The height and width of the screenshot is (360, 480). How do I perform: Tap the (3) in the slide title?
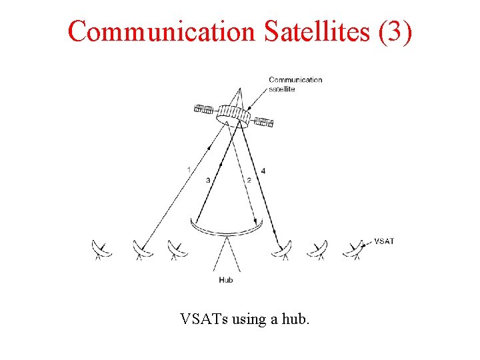point(395,31)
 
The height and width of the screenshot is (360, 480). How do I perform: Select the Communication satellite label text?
point(295,84)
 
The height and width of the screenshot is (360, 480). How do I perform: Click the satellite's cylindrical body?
point(233,119)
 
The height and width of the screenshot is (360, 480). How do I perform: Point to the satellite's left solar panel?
point(203,108)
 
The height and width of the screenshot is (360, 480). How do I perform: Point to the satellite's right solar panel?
point(265,122)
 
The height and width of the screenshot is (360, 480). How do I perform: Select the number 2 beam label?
point(248,180)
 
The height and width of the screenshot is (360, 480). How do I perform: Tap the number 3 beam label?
point(208,180)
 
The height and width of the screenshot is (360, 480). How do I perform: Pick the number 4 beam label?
point(263,171)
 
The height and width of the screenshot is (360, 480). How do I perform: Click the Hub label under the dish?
point(226,280)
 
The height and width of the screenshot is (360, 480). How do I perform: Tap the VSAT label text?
point(384,241)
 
